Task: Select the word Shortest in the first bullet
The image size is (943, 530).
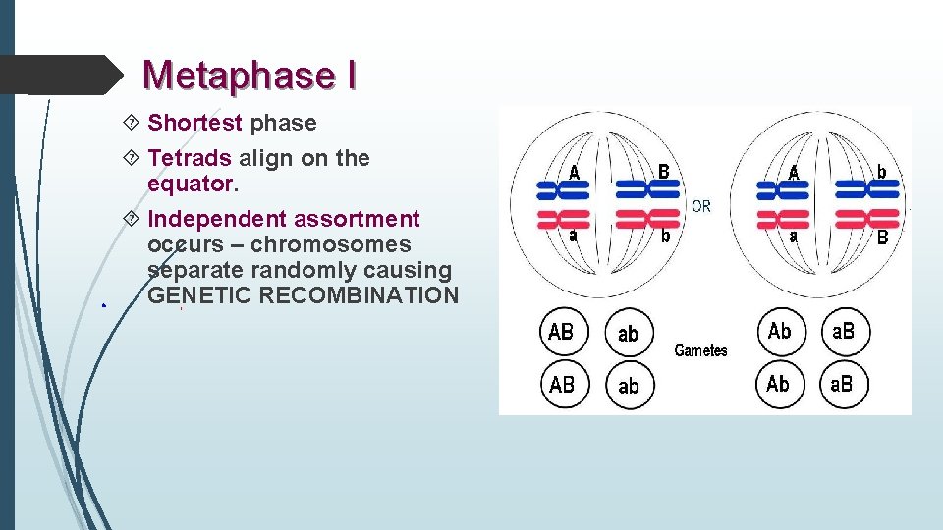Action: (194, 123)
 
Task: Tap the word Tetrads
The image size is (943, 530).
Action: (190, 158)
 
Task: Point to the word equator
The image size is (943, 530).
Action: (190, 184)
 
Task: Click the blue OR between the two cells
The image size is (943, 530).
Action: (701, 206)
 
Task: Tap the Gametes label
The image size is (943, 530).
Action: (700, 350)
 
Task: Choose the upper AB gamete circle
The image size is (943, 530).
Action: (561, 333)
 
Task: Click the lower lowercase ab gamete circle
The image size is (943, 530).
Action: (629, 385)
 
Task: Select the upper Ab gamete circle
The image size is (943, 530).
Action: (780, 332)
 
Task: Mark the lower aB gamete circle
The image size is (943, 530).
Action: (843, 385)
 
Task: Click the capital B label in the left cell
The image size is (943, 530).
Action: (664, 172)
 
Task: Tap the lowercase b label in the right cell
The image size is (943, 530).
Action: (881, 172)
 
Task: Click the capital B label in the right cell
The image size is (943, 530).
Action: (882, 238)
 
